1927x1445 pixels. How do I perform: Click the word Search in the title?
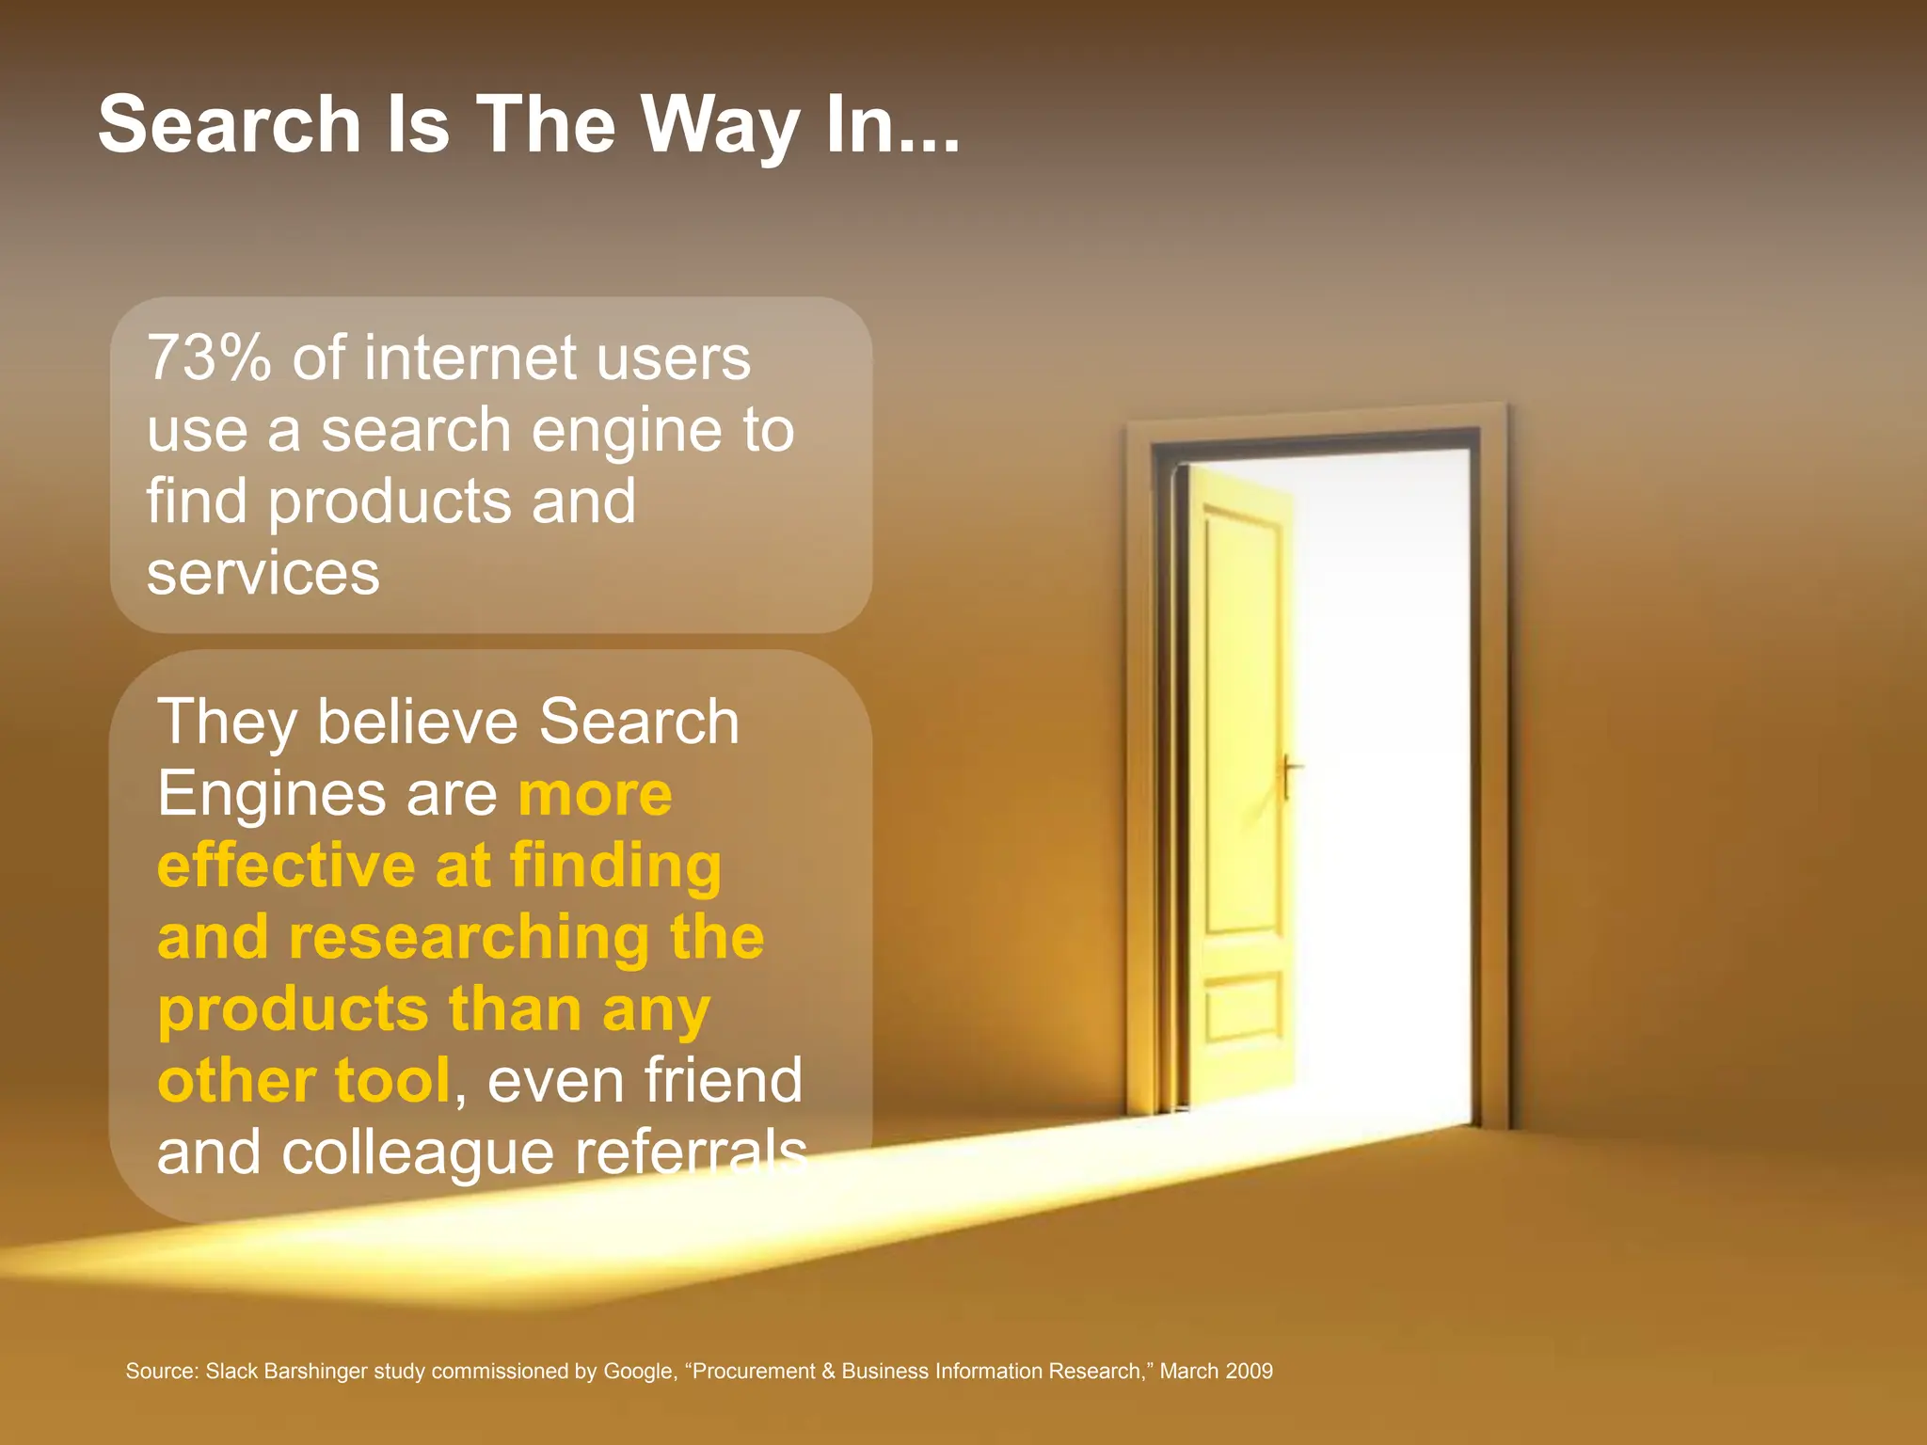(x=230, y=124)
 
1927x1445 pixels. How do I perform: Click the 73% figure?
(x=209, y=358)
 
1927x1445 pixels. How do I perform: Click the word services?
(x=263, y=574)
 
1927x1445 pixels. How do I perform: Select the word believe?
(x=417, y=722)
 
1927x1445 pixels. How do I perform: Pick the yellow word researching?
(x=469, y=939)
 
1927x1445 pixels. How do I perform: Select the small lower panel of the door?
(x=1243, y=1008)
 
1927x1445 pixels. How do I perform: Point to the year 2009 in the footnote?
(x=1249, y=1372)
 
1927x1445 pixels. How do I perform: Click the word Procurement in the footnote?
(x=753, y=1372)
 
